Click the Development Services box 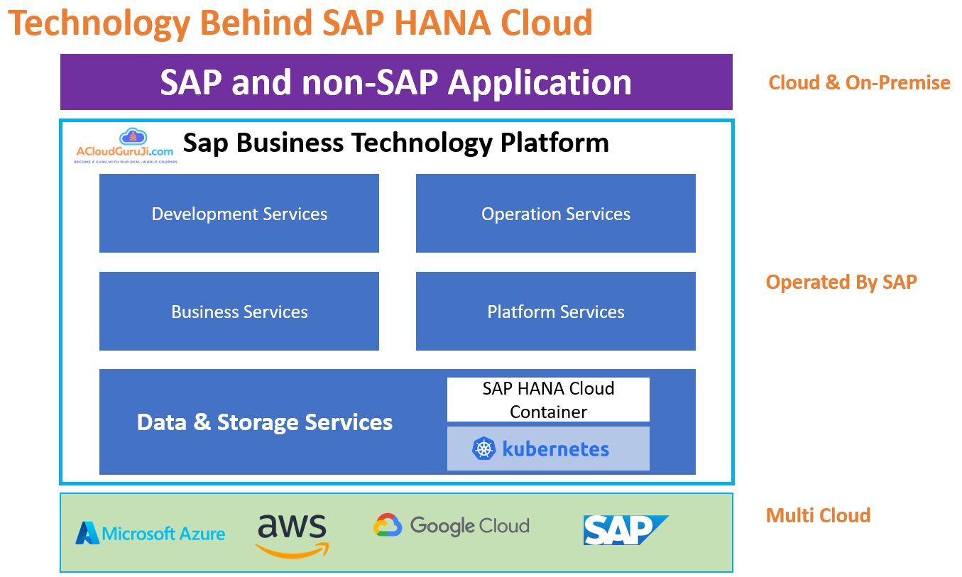coord(239,214)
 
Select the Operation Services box coord(555,214)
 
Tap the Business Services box coord(239,312)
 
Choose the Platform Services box coord(555,312)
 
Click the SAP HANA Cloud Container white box coord(548,400)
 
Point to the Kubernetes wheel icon coord(483,449)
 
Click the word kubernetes coord(556,449)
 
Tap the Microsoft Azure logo coord(151,533)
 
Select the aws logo coord(292,534)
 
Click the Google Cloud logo coord(452,526)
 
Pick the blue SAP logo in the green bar coord(625,530)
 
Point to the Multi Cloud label coord(818,515)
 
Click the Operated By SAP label coord(841,282)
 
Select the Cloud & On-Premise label coord(859,82)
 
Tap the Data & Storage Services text coord(265,422)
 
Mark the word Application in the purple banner coord(540,82)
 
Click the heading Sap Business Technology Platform coord(396,143)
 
